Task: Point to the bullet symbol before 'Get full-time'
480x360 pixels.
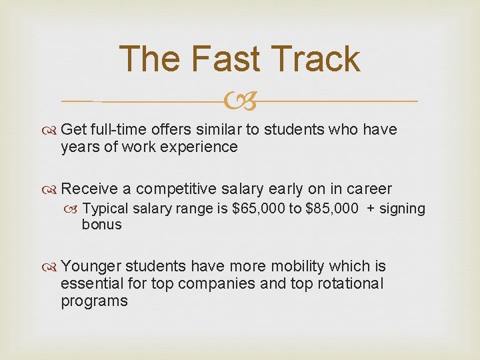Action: pyautogui.click(x=51, y=129)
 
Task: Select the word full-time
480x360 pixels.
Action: pyautogui.click(x=123, y=129)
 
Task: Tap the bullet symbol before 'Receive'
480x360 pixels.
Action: pyautogui.click(x=51, y=189)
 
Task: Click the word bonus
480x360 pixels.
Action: pyautogui.click(x=102, y=224)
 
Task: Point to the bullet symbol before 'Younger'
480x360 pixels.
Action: pyautogui.click(x=51, y=267)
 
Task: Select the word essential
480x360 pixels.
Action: pyautogui.click(x=90, y=283)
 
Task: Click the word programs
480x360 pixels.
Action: pyautogui.click(x=94, y=301)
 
